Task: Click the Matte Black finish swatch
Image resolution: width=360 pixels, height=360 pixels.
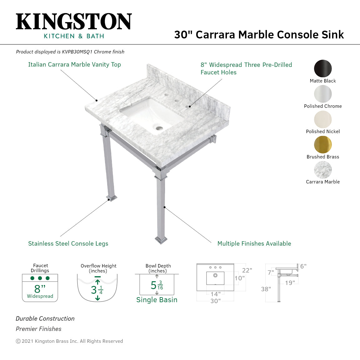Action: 323,68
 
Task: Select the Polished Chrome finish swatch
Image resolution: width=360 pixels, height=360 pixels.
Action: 323,94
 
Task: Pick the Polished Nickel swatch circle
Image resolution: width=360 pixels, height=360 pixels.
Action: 323,119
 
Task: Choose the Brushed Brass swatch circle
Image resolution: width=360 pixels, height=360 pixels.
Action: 323,145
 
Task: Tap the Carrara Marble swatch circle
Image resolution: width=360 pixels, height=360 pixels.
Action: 323,170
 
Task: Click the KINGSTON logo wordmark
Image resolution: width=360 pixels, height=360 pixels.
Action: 74,22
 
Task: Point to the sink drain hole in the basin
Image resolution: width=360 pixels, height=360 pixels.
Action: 159,128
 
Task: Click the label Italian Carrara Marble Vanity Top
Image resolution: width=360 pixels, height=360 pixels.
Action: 74,65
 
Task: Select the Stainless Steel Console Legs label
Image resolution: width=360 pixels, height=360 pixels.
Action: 68,244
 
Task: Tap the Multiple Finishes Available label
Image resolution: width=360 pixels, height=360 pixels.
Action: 254,244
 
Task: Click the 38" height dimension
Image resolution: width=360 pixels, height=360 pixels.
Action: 266,289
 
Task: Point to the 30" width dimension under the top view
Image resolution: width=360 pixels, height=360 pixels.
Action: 215,301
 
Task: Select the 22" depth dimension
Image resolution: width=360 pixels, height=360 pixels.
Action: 247,270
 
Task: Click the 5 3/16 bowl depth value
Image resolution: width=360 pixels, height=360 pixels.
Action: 157,285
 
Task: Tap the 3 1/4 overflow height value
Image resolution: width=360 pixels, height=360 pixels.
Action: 97,290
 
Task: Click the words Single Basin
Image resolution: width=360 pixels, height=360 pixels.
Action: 157,300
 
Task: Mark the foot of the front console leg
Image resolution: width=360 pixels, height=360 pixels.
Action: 161,240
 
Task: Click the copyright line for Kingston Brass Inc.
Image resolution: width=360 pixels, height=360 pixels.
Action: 69,341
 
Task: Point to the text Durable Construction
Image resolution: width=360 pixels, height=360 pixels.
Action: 45,319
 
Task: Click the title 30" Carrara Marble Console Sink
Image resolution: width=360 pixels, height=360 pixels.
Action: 259,35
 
